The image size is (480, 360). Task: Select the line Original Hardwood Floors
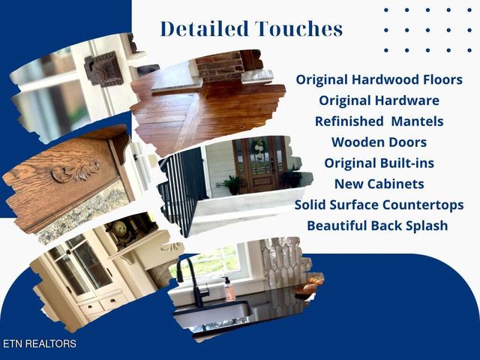pyautogui.click(x=379, y=79)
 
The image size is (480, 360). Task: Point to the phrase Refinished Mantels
pyautogui.click(x=379, y=121)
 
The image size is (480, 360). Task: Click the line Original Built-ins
pyautogui.click(x=379, y=163)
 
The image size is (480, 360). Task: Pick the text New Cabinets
pyautogui.click(x=379, y=184)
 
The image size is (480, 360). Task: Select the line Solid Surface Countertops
pyautogui.click(x=379, y=204)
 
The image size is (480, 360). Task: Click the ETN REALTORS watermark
pyautogui.click(x=39, y=344)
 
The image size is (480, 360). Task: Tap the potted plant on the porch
pyautogui.click(x=229, y=184)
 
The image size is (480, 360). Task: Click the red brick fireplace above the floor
pyautogui.click(x=221, y=67)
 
